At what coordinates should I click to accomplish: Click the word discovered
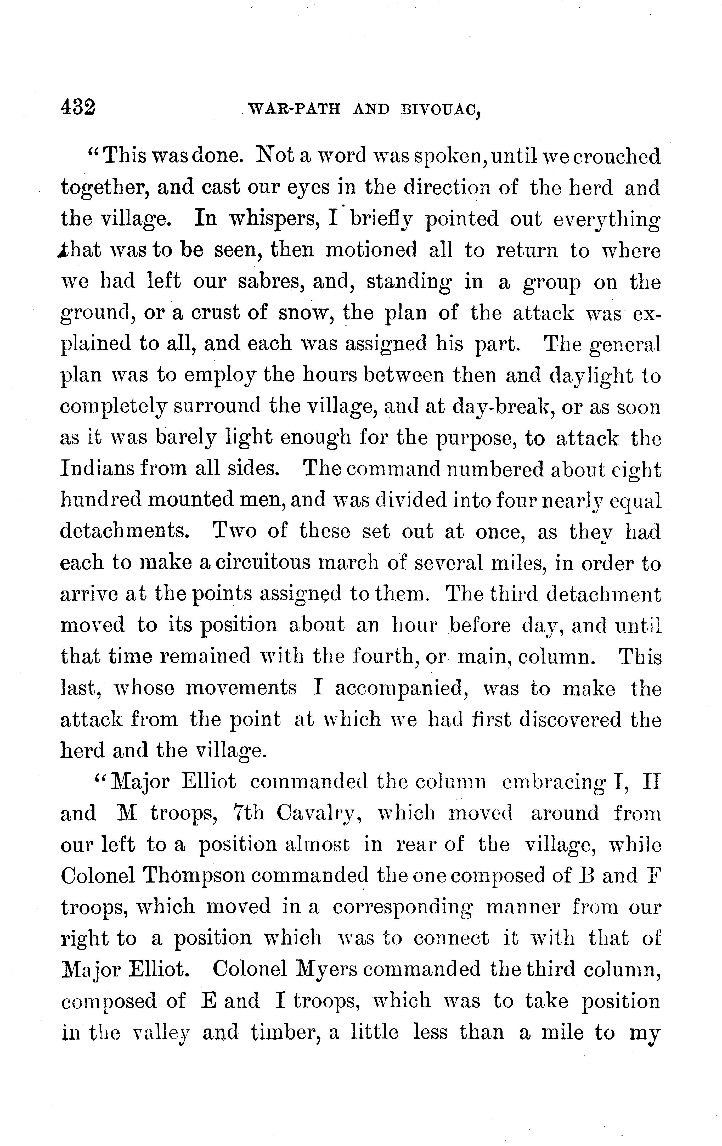click(570, 720)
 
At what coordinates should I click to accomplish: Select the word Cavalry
click(321, 814)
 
